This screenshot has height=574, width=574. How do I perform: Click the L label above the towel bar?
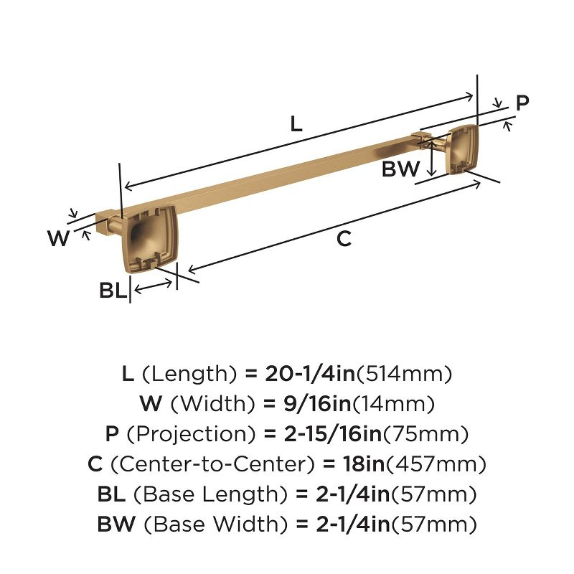pos(296,123)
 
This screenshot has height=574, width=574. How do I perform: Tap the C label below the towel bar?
pos(344,239)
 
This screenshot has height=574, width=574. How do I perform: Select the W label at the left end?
pos(59,237)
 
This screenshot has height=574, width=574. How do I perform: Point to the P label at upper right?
pos(522,103)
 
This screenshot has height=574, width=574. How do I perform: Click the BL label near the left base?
pos(113,291)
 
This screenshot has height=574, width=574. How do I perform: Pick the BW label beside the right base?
pos(400,169)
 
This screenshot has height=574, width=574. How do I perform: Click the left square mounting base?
pos(150,239)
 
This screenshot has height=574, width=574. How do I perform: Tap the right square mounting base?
pos(463,150)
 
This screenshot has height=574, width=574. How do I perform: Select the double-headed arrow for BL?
pos(153,286)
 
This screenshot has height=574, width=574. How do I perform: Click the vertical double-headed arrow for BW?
pos(433,158)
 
